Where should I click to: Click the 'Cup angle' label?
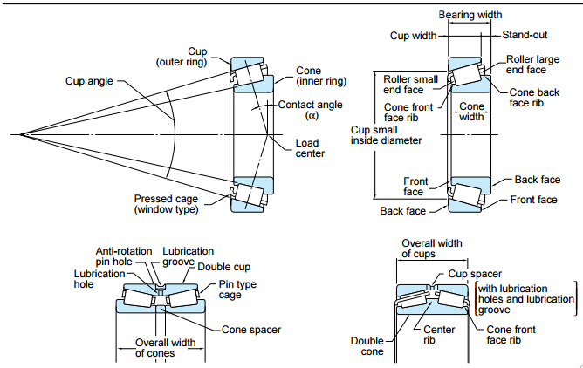pos(89,81)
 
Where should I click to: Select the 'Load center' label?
pos(311,148)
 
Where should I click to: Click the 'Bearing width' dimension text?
pos(470,15)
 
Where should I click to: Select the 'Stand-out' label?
pos(525,35)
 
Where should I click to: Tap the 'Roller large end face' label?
pos(532,64)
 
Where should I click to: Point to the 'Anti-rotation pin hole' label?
pos(125,256)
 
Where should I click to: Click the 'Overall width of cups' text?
pos(430,249)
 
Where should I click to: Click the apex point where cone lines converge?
pos(22,134)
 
